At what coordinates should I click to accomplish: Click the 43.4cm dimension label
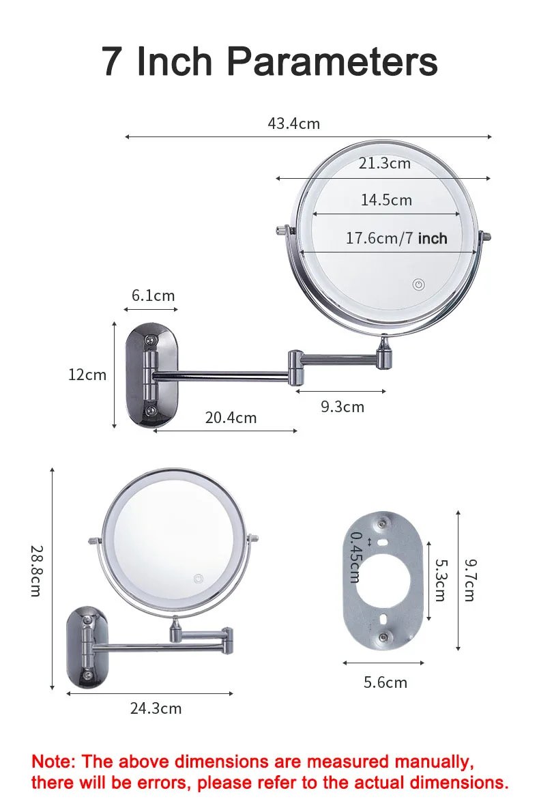pos(293,124)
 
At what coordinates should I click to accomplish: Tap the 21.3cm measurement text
pos(385,163)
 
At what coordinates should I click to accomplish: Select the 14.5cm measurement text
pos(386,200)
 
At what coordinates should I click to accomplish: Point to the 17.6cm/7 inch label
pos(396,238)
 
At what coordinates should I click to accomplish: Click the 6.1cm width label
pos(153,295)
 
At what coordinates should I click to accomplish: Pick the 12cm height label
pos(87,375)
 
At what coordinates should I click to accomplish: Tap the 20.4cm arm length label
pos(231,418)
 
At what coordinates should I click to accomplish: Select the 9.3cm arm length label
pos(343,407)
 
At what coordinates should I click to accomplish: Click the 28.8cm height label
pos(36,570)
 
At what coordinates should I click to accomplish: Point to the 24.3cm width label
pos(156,708)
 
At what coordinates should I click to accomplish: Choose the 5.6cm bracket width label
pos(385,682)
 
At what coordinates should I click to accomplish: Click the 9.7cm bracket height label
pos(469,579)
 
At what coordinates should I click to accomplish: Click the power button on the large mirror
pos(419,285)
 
